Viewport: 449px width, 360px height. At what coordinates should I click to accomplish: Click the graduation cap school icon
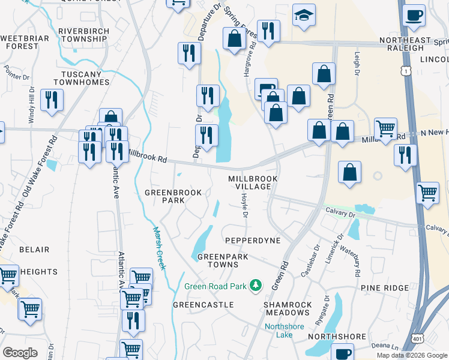point(304,16)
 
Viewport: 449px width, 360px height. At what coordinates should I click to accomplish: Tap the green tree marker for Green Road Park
point(256,285)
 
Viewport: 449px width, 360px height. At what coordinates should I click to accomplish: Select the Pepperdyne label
point(253,240)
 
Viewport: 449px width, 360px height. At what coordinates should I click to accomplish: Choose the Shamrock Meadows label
point(288,308)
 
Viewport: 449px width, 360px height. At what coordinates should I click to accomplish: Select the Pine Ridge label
point(385,289)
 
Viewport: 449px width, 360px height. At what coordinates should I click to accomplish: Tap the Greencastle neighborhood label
point(203,305)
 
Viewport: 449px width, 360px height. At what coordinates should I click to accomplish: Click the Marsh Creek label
point(158,247)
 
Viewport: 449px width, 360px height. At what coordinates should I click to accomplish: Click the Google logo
point(20,352)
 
